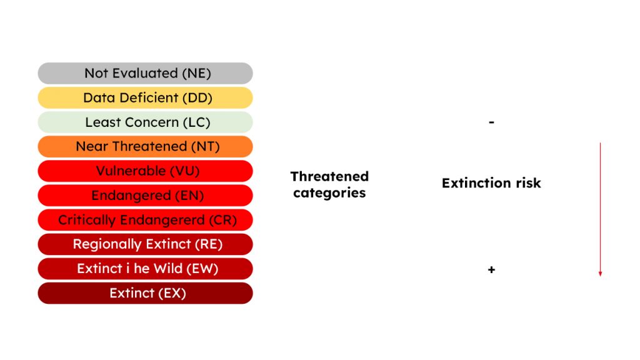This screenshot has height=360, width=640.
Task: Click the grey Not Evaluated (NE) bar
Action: (x=145, y=73)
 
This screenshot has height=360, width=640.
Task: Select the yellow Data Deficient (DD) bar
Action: (x=145, y=97)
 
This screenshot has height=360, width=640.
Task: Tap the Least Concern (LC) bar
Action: (x=145, y=122)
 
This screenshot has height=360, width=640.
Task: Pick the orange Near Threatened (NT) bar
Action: (x=145, y=146)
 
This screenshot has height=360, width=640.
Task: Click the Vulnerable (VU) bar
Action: (x=145, y=171)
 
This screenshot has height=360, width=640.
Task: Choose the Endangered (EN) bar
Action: (x=145, y=195)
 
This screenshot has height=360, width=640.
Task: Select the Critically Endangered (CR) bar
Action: (x=145, y=219)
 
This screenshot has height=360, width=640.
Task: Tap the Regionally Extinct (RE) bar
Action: (x=145, y=244)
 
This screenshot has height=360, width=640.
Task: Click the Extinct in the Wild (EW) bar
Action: (x=145, y=268)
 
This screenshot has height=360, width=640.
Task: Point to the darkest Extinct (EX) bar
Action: (x=145, y=292)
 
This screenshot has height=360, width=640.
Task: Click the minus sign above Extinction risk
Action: (x=491, y=122)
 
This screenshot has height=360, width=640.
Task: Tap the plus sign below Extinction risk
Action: (x=491, y=270)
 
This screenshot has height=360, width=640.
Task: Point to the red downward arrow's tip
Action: (x=600, y=274)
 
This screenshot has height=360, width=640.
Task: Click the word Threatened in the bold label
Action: (x=329, y=176)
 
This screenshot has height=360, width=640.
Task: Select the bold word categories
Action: (x=329, y=192)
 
